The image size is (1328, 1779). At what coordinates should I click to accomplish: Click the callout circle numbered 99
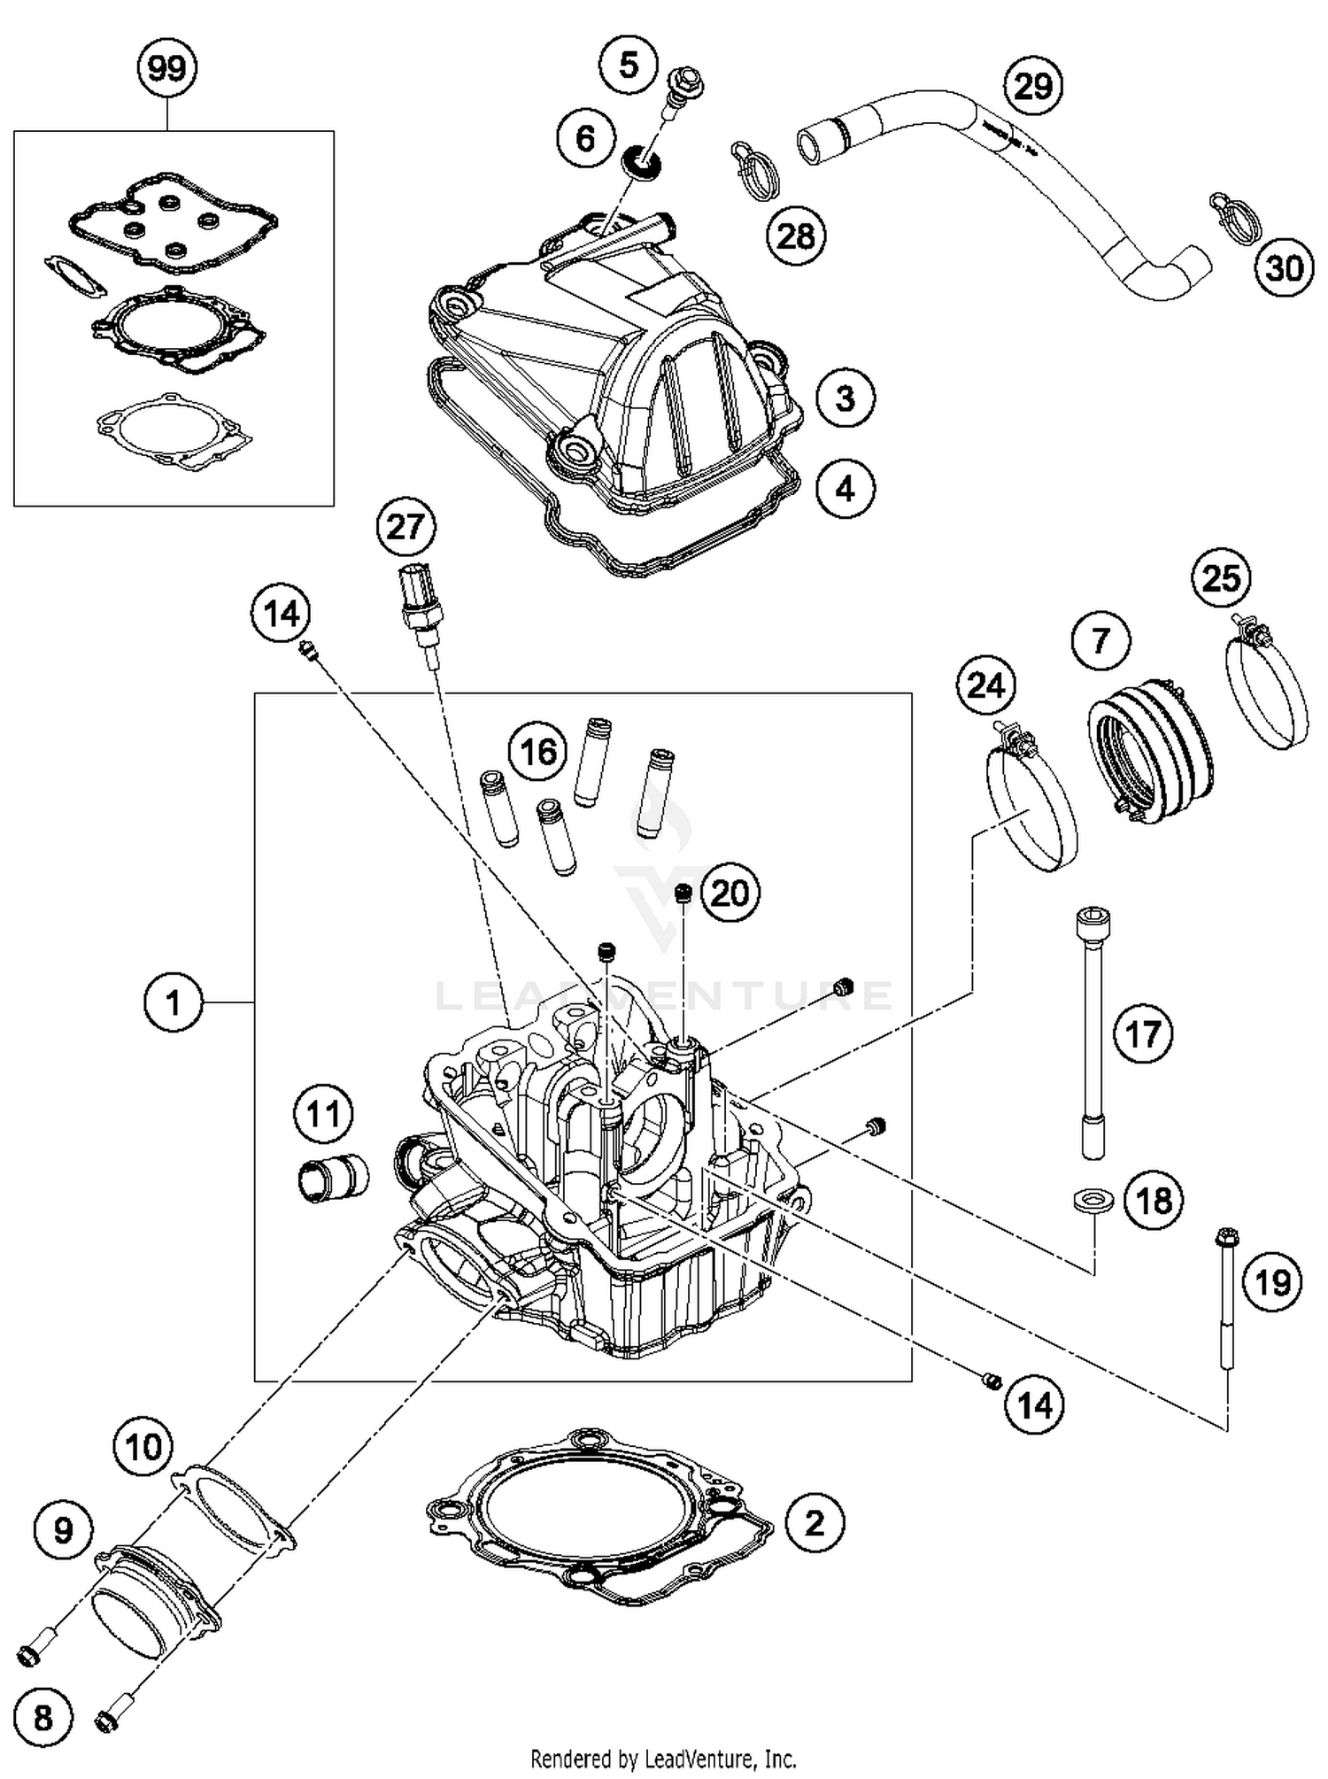(x=166, y=68)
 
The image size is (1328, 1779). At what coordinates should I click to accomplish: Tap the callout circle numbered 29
(x=1033, y=86)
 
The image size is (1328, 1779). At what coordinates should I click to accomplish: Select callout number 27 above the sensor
(x=405, y=528)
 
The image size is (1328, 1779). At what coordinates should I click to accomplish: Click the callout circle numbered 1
(x=173, y=1002)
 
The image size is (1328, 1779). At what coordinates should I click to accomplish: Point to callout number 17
(x=1143, y=1033)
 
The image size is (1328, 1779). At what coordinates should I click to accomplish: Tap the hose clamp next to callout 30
(x=1233, y=215)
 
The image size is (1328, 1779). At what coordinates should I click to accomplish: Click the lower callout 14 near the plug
(x=1034, y=1404)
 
